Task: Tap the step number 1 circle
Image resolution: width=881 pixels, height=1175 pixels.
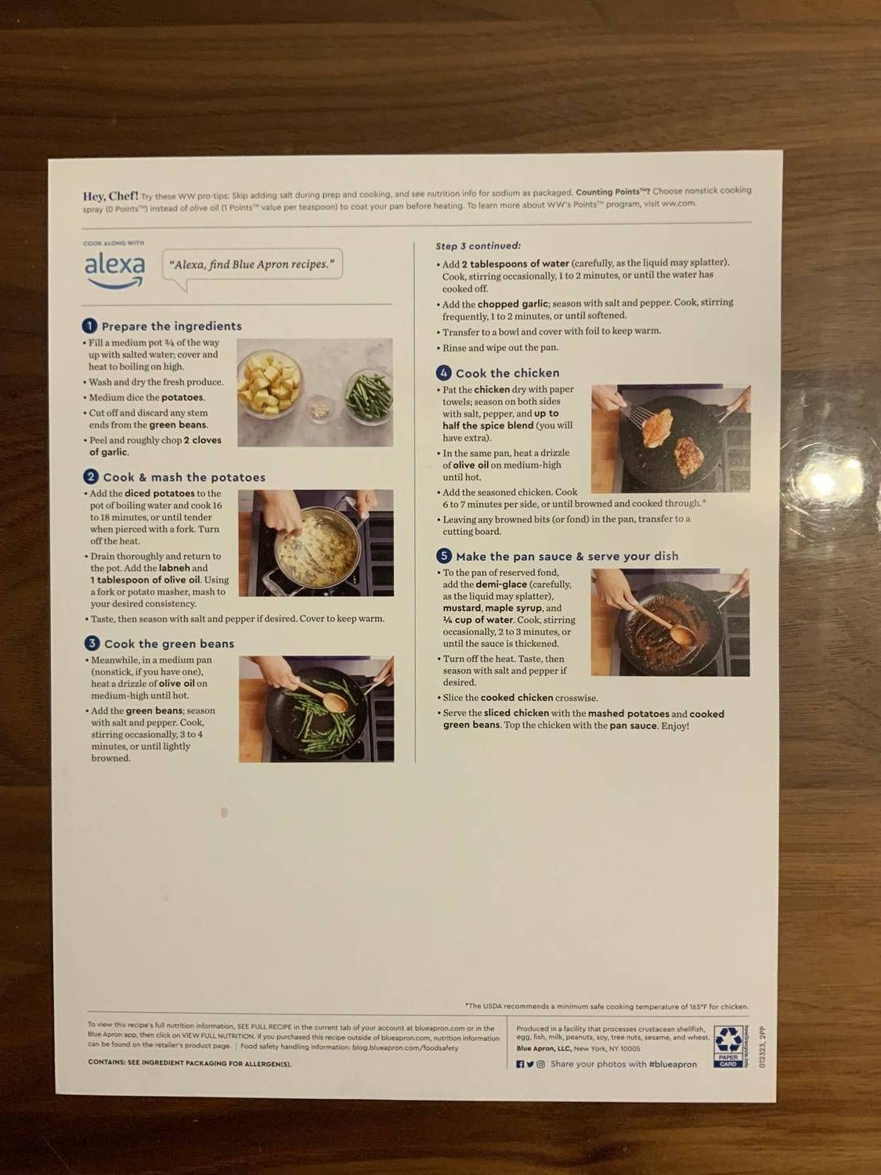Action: (x=90, y=326)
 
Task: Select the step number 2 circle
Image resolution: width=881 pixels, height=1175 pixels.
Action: (x=91, y=477)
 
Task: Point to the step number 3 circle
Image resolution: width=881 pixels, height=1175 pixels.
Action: (x=92, y=643)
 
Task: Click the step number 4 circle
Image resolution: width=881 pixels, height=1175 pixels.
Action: (x=444, y=373)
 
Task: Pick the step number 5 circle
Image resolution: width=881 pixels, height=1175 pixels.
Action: (x=444, y=556)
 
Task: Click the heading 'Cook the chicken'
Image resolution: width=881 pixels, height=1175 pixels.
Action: (x=507, y=374)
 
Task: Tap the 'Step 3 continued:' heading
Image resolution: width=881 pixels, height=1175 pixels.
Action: (x=478, y=246)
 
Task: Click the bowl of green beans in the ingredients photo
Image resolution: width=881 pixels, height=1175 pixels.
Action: (x=369, y=396)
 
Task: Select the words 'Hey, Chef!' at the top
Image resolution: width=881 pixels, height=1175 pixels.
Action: (x=110, y=196)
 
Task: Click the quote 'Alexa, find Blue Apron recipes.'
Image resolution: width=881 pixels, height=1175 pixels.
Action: (x=253, y=265)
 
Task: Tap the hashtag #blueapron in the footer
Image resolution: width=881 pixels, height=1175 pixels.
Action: (x=673, y=1065)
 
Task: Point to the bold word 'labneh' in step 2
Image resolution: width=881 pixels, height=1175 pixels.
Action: (x=174, y=568)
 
